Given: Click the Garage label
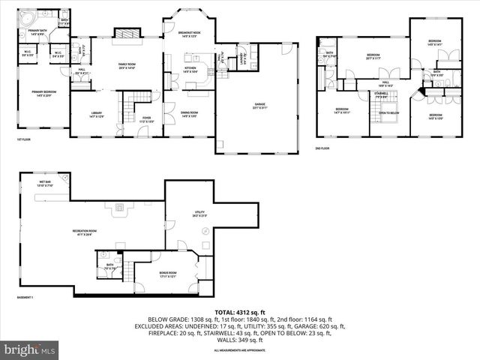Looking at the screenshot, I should pos(259,106).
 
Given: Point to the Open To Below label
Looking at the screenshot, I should pos(388,113).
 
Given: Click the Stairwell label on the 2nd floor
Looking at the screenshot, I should pos(382,94).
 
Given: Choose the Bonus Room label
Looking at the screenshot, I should pos(168,274).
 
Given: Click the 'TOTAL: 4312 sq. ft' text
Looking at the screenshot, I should pos(239,311).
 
